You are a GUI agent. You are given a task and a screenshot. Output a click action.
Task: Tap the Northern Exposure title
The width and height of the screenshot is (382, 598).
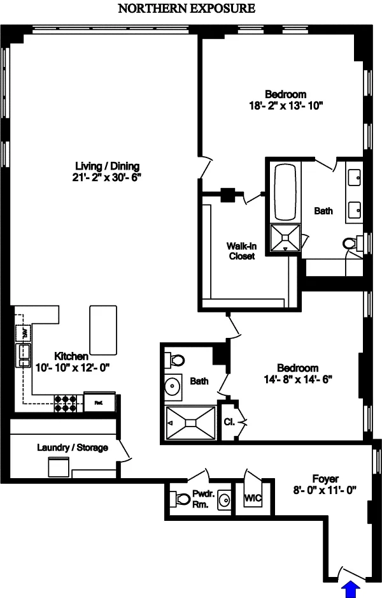[x=187, y=8]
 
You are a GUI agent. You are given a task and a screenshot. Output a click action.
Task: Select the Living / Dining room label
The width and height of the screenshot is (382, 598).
[x=106, y=166]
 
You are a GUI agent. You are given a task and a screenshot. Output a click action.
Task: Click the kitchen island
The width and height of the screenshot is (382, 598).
[x=104, y=329]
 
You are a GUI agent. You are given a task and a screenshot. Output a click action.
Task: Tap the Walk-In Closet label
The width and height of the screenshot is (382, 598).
[x=241, y=251]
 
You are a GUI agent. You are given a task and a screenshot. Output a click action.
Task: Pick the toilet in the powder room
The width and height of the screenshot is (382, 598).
[x=175, y=499]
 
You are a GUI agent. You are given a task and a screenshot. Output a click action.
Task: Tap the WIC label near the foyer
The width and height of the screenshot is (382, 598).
[x=253, y=498]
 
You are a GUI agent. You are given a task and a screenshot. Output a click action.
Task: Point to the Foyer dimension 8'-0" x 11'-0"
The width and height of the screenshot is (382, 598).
[x=325, y=490]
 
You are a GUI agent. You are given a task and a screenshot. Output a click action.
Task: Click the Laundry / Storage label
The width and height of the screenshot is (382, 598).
[x=72, y=448]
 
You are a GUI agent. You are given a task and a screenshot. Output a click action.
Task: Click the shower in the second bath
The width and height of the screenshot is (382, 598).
[x=192, y=421]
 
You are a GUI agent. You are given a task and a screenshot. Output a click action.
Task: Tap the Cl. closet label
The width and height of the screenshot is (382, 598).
[x=229, y=422]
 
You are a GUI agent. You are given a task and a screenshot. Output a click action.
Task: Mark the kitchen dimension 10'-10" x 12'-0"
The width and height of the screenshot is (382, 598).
[x=69, y=367]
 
